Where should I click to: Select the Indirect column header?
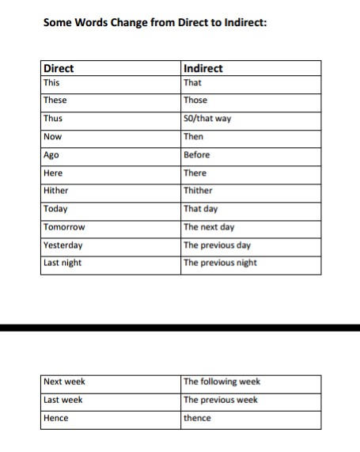[x=203, y=68]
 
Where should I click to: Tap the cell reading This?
[x=51, y=82]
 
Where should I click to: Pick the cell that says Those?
[x=195, y=101]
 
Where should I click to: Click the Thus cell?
[x=53, y=119]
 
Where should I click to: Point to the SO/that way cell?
[x=207, y=119]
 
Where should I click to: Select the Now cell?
[x=53, y=137]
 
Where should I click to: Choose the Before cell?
[x=196, y=155]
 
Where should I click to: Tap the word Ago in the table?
[x=52, y=155]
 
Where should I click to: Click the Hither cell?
[x=56, y=191]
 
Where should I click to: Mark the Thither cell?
[x=198, y=191]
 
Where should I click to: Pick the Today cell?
[x=55, y=209]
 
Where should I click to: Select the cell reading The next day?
[x=209, y=227]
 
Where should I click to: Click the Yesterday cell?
[x=63, y=245]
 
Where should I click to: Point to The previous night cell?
[x=220, y=263]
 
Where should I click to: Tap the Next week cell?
[x=64, y=382]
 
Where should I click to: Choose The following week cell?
[x=222, y=382]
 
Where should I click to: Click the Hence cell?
[x=56, y=418]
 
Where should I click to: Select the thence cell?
[x=197, y=418]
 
